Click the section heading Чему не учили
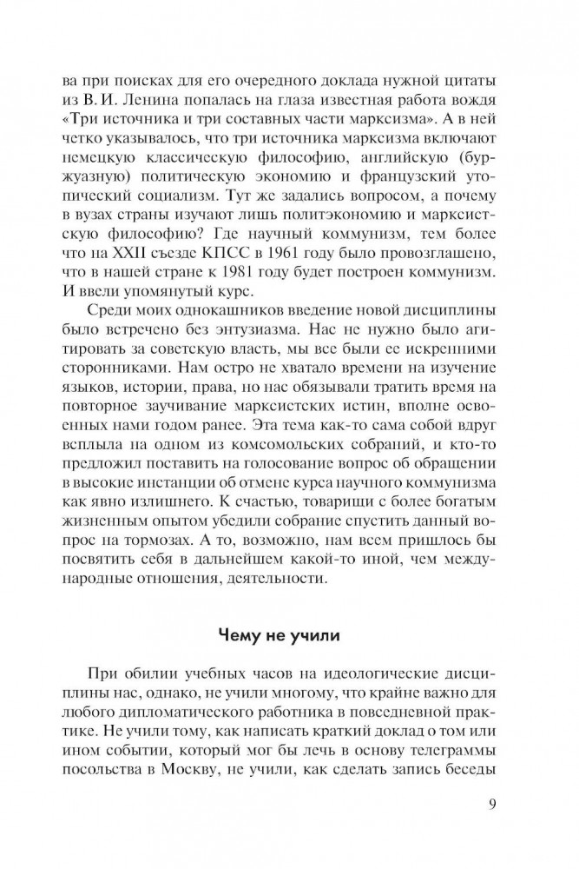290,634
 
